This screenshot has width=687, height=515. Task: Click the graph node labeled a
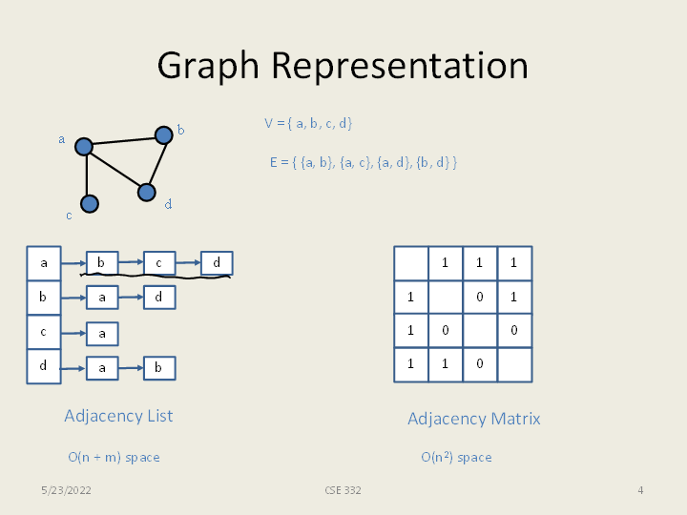[x=84, y=146]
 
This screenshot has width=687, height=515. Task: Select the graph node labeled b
[x=163, y=134]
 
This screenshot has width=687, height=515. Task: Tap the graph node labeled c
[x=90, y=203]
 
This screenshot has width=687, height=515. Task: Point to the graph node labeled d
[x=146, y=192]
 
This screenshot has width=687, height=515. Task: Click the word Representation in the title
[x=399, y=66]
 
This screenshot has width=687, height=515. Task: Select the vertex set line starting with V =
[x=308, y=123]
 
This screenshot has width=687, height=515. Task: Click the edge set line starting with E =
[x=363, y=162]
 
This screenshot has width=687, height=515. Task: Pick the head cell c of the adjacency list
[x=43, y=332]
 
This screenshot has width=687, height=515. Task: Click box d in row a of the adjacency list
[x=217, y=262]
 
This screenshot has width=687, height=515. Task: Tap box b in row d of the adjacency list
[x=159, y=367]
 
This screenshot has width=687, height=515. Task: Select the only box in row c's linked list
[x=102, y=333]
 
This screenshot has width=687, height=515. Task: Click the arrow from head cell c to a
[x=73, y=333]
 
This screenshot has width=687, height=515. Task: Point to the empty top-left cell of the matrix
[x=411, y=263]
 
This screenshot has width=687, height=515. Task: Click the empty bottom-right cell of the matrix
[x=514, y=365]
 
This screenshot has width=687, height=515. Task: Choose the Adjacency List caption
[x=118, y=416]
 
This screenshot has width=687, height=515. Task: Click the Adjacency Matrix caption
[x=474, y=419]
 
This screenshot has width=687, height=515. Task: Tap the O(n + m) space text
[x=114, y=458]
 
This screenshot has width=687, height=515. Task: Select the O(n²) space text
[x=456, y=458]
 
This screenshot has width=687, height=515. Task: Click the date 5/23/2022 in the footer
[x=66, y=490]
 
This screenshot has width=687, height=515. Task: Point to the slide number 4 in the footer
[x=640, y=490]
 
